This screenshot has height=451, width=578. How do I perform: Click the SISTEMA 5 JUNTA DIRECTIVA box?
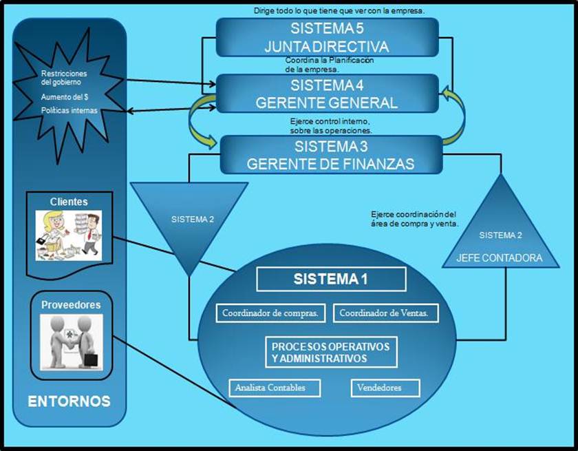327,38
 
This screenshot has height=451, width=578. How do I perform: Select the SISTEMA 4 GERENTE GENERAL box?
327,94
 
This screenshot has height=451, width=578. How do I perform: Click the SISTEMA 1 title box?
331,279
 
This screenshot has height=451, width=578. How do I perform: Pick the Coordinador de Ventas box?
385,313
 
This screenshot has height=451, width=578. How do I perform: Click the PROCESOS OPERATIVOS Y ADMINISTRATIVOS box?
330,352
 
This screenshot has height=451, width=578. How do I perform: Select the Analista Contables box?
276,388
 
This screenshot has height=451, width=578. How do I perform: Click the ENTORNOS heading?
69,401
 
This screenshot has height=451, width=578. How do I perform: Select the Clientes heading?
68,202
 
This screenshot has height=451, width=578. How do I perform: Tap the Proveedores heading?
71,304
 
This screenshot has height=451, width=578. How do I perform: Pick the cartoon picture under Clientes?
68,235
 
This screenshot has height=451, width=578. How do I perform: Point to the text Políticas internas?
69,110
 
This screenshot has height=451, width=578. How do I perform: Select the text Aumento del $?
63,97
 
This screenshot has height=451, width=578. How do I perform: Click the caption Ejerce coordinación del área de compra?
413,218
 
